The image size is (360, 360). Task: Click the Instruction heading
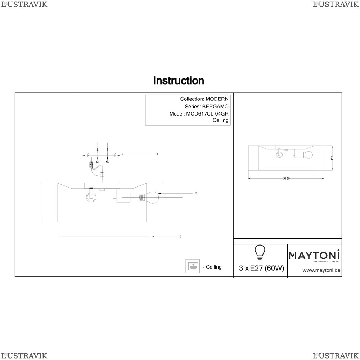[179, 81]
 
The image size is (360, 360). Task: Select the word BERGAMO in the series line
[215, 107]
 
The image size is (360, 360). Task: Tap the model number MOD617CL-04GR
[207, 114]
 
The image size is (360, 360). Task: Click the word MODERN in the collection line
[217, 99]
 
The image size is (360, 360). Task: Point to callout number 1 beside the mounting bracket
[158, 154]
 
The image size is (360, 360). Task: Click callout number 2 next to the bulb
[195, 193]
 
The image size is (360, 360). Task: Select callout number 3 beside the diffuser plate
[181, 236]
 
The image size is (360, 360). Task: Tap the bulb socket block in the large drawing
[123, 197]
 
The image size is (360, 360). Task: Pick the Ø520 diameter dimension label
[286, 179]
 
